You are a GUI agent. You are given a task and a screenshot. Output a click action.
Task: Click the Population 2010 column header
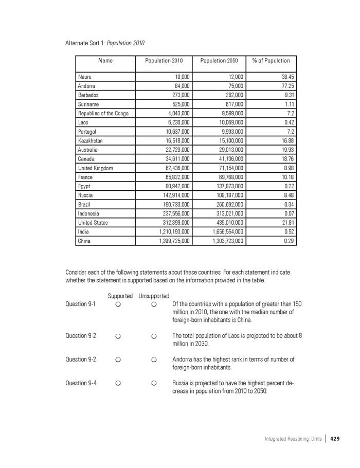(164, 61)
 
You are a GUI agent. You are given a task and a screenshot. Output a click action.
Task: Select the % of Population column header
(271, 61)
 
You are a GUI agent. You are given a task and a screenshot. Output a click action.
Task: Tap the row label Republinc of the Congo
(103, 113)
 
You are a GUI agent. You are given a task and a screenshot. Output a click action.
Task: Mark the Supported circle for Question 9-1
(118, 305)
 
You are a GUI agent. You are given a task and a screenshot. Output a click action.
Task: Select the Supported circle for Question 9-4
(118, 384)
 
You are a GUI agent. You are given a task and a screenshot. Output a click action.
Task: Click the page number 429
(335, 439)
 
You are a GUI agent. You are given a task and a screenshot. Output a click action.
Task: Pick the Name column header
(105, 61)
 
